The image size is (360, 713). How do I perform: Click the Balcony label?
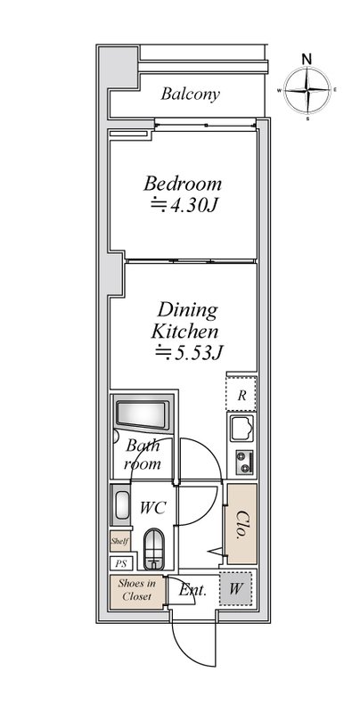pos(190,94)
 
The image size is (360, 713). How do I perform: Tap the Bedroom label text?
pos(183,184)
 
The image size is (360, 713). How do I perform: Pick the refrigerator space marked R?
pos(241,394)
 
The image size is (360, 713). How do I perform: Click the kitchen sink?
pos(241,429)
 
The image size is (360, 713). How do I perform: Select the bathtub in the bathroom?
pos(143,414)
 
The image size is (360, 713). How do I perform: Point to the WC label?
pos(152,507)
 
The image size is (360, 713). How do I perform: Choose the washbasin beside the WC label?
pos(121,504)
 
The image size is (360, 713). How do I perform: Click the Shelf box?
pos(120,542)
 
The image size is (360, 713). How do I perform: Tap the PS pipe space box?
pos(120,564)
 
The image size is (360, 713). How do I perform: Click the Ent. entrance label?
pos(192,591)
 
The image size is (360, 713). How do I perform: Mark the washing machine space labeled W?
pos(235,588)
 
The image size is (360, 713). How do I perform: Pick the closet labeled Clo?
pos(241,524)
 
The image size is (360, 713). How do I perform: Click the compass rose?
pos(307,90)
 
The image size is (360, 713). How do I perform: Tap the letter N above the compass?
pos(307,59)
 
